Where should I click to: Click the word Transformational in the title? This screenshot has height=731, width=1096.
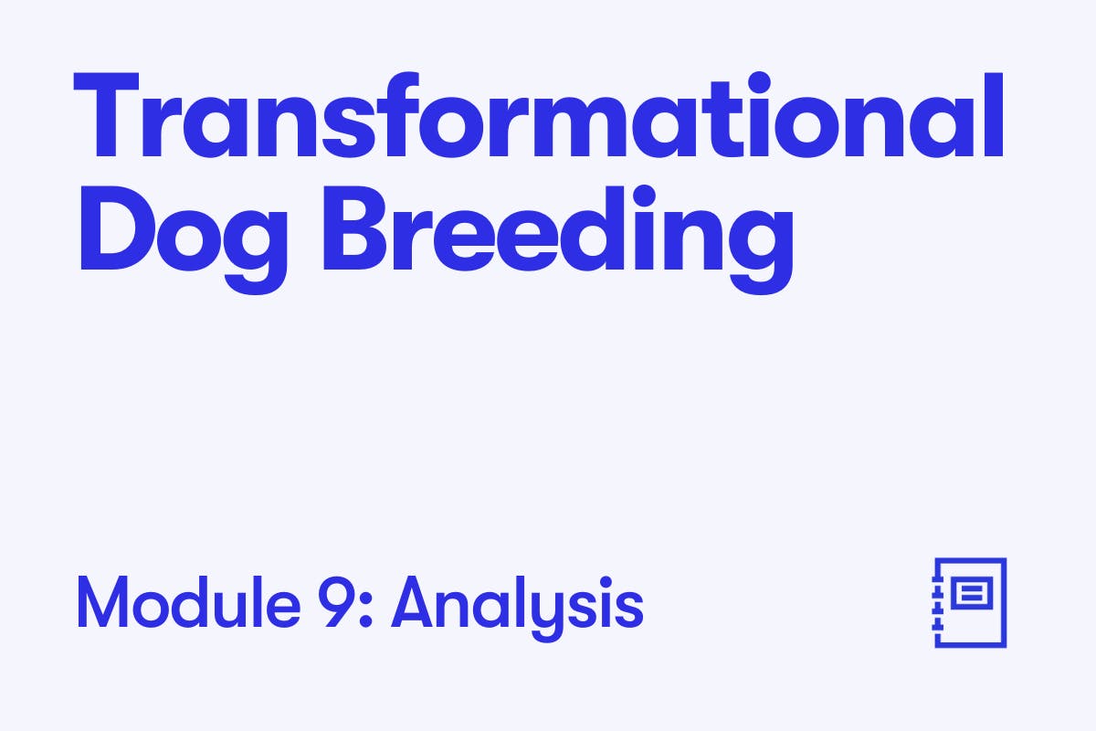(539, 115)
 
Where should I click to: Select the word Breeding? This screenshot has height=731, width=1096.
(558, 240)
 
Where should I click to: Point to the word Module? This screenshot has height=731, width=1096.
(189, 602)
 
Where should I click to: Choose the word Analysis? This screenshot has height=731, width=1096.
(517, 608)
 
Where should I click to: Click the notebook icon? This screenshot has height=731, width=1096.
(969, 602)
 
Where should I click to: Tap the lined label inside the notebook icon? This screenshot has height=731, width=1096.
(972, 593)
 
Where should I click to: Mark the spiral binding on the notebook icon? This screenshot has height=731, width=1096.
(937, 602)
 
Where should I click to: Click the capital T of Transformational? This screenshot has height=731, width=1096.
(106, 115)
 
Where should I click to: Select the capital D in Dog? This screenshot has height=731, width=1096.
(118, 228)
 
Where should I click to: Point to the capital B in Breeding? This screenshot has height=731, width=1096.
(355, 228)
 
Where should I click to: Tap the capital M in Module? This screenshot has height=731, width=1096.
(102, 602)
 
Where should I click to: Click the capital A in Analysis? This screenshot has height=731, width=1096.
(412, 602)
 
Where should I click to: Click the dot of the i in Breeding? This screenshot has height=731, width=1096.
(645, 196)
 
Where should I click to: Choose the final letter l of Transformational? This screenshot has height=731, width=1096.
(995, 115)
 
